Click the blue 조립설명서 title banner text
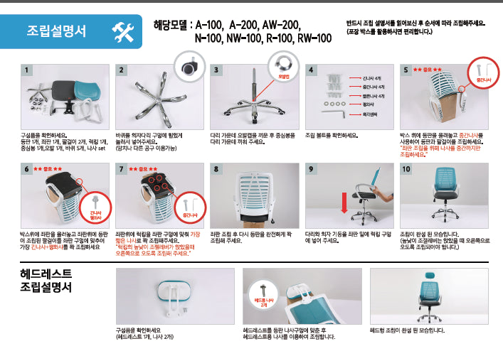coord(57,31)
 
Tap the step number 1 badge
coord(26,70)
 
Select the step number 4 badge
coord(311,70)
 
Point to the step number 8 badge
coord(216,168)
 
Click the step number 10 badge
coord(406,168)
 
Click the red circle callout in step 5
coord(482,77)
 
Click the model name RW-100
coord(315,38)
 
